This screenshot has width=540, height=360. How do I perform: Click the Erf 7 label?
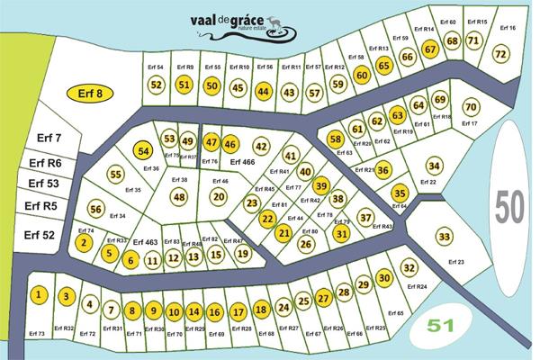click(x=49, y=138)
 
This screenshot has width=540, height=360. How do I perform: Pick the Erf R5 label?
click(x=40, y=205)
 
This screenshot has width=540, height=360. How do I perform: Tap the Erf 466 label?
click(x=242, y=162)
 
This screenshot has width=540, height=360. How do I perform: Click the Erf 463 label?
click(x=145, y=243)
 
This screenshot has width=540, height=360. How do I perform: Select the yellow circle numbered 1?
click(x=39, y=295)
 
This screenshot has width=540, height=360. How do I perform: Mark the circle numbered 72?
click(x=501, y=54)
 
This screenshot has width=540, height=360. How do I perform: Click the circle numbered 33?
click(x=444, y=236)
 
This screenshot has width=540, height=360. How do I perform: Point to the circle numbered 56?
click(x=96, y=209)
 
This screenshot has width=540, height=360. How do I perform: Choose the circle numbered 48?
click(x=179, y=197)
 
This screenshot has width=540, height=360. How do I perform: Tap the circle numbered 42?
click(x=262, y=146)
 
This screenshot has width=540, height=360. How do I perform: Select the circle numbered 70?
click(x=469, y=108)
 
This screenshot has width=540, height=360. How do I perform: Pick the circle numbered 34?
click(x=434, y=166)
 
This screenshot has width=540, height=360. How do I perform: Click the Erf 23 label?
click(x=455, y=262)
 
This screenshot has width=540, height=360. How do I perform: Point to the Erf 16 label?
click(x=507, y=28)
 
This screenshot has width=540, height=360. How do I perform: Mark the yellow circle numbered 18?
click(x=261, y=310)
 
